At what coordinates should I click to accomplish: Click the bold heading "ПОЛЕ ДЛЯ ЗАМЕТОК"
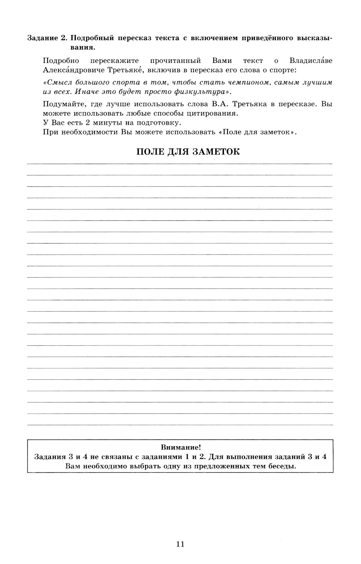click(x=188, y=151)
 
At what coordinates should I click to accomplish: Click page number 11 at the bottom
click(x=180, y=544)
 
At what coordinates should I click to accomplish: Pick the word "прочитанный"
click(x=175, y=60)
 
